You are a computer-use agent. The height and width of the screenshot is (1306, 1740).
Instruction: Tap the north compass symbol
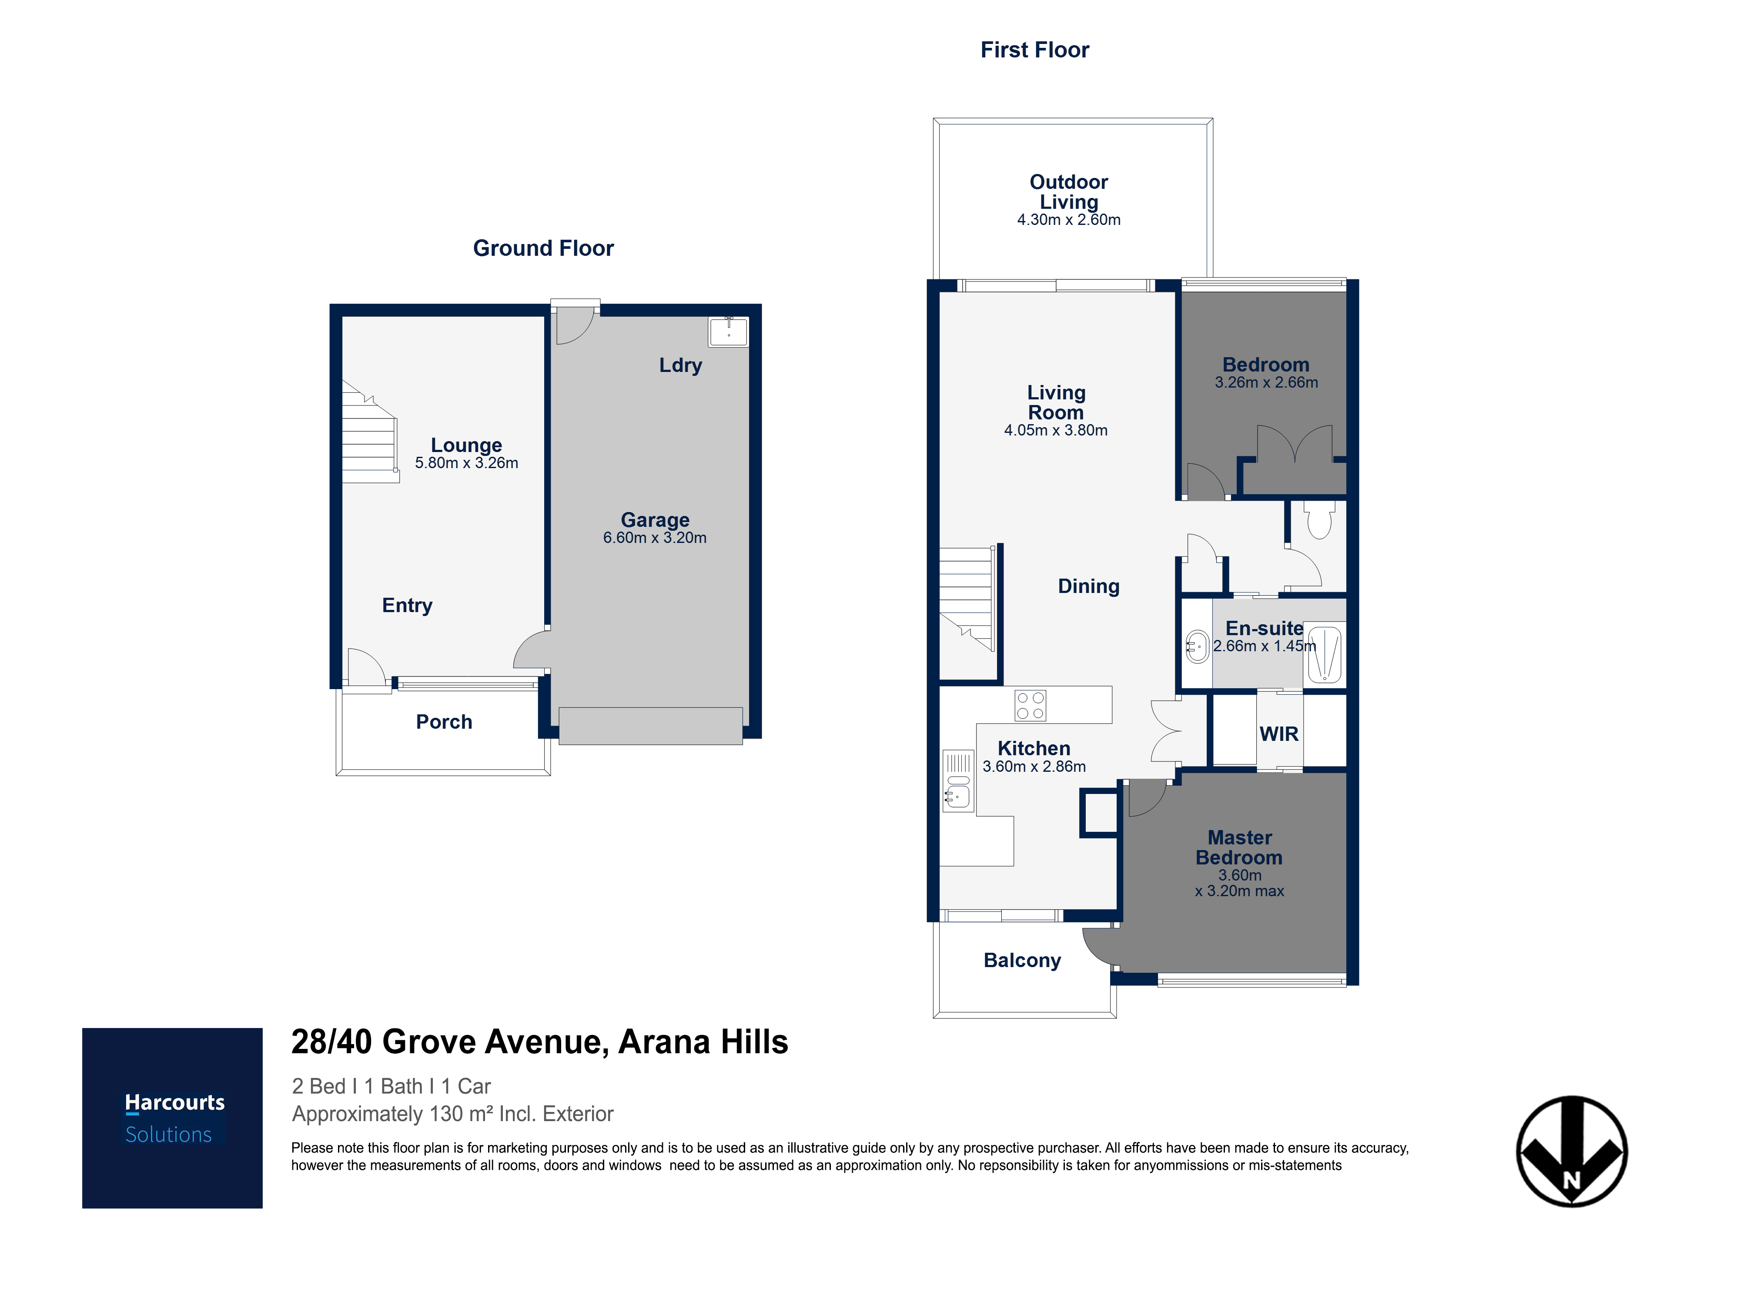tap(1572, 1151)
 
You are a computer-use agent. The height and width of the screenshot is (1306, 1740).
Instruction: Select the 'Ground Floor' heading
tap(543, 248)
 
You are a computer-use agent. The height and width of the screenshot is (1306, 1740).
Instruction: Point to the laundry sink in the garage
tap(729, 331)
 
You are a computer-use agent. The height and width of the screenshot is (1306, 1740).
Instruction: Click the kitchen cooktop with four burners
tap(1030, 705)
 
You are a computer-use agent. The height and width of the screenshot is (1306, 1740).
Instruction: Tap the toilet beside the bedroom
tap(1320, 519)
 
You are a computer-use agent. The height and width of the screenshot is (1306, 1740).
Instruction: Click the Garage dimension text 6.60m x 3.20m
tap(655, 538)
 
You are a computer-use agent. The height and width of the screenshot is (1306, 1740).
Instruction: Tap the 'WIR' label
tap(1279, 734)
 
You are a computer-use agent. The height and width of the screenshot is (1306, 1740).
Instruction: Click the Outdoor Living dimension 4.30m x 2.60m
tap(1068, 220)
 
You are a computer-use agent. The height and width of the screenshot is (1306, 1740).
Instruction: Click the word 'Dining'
tap(1089, 586)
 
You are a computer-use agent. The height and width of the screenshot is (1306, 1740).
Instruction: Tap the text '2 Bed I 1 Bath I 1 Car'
tap(391, 1086)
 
